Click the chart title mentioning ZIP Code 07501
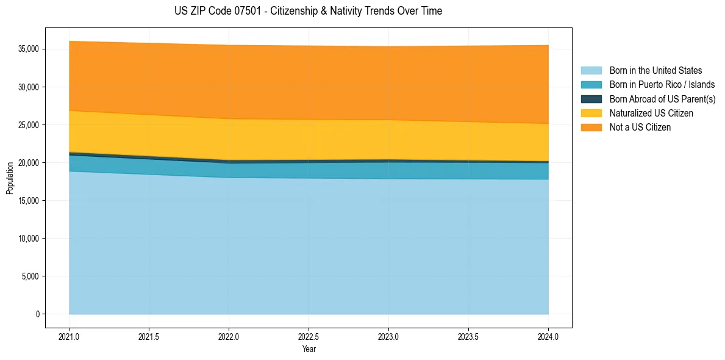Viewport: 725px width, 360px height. pyautogui.click(x=308, y=11)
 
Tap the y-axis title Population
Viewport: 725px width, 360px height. pyautogui.click(x=10, y=178)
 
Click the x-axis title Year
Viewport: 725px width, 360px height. pyautogui.click(x=309, y=350)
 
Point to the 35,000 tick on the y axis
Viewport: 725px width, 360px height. pyautogui.click(x=29, y=49)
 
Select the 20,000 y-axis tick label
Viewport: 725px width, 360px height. pyautogui.click(x=29, y=163)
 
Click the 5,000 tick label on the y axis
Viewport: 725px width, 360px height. pyautogui.click(x=31, y=276)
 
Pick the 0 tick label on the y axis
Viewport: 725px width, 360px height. pyautogui.click(x=37, y=314)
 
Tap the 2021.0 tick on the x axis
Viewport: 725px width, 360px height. pyautogui.click(x=69, y=336)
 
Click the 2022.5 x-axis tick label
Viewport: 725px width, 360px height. pyautogui.click(x=309, y=336)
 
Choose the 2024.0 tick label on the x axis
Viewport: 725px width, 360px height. pyautogui.click(x=548, y=336)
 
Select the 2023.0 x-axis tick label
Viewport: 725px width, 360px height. pyautogui.click(x=388, y=336)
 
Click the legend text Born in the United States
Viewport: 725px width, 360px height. pyautogui.click(x=655, y=71)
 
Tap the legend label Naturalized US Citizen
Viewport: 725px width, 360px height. pyautogui.click(x=651, y=113)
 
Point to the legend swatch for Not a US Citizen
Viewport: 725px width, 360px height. pyautogui.click(x=591, y=128)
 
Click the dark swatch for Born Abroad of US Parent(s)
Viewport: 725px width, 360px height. pyautogui.click(x=591, y=99)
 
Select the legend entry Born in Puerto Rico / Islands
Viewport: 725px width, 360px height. pyautogui.click(x=662, y=85)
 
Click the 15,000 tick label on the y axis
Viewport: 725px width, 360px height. pyautogui.click(x=29, y=201)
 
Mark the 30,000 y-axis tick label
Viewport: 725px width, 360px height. pyautogui.click(x=29, y=87)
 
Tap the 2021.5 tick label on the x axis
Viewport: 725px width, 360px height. pyautogui.click(x=149, y=336)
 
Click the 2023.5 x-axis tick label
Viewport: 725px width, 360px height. pyautogui.click(x=468, y=336)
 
